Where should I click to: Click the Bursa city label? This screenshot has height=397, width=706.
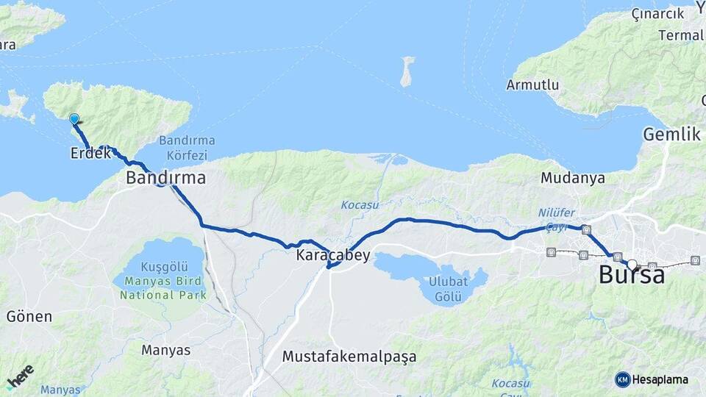631,275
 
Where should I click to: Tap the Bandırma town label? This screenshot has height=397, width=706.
165,178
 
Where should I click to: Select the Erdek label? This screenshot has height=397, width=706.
90,154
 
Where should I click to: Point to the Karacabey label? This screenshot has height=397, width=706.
332,256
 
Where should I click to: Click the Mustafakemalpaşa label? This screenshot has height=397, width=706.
349,357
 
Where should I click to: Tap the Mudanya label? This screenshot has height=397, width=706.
572,178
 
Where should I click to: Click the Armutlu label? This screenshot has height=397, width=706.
532,85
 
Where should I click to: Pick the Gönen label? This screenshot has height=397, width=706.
29,317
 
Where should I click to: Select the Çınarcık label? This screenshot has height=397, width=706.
657,14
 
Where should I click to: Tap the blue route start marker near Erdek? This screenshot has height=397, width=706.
74,119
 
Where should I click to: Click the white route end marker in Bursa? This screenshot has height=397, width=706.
632,264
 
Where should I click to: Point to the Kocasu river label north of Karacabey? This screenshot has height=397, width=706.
359,204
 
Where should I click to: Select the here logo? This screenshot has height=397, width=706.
21,376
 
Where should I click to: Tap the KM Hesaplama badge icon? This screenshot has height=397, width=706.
622,379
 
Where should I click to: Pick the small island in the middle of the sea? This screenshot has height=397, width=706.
406,72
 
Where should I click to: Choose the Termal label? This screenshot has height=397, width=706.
681,35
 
